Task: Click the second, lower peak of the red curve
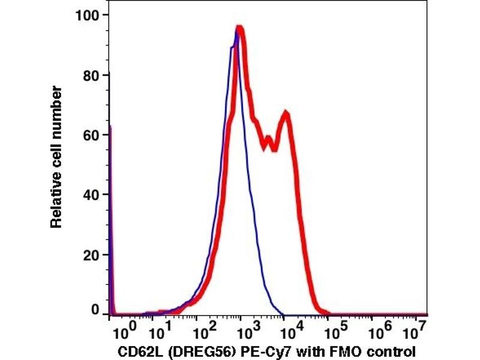tap(287, 113)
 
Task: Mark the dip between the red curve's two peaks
tap(274, 148)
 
